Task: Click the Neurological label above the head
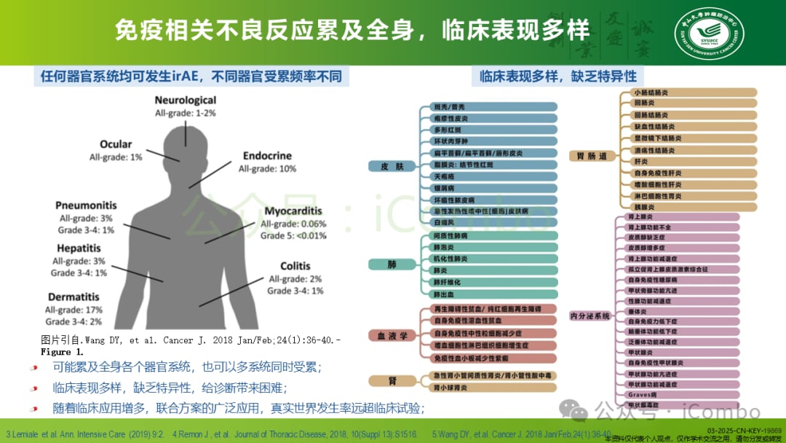pos(185,100)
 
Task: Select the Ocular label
pos(116,144)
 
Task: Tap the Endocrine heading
pos(267,156)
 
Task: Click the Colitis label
pos(295,267)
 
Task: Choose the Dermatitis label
pos(74,297)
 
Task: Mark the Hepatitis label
pos(78,248)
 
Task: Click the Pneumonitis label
pos(86,206)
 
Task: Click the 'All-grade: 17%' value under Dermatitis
pos(74,310)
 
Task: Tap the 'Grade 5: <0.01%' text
pos(293,236)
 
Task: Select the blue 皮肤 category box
pos(392,166)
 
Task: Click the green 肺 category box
pos(392,264)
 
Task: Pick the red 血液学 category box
pos(392,336)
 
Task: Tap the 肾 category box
pos(392,380)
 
